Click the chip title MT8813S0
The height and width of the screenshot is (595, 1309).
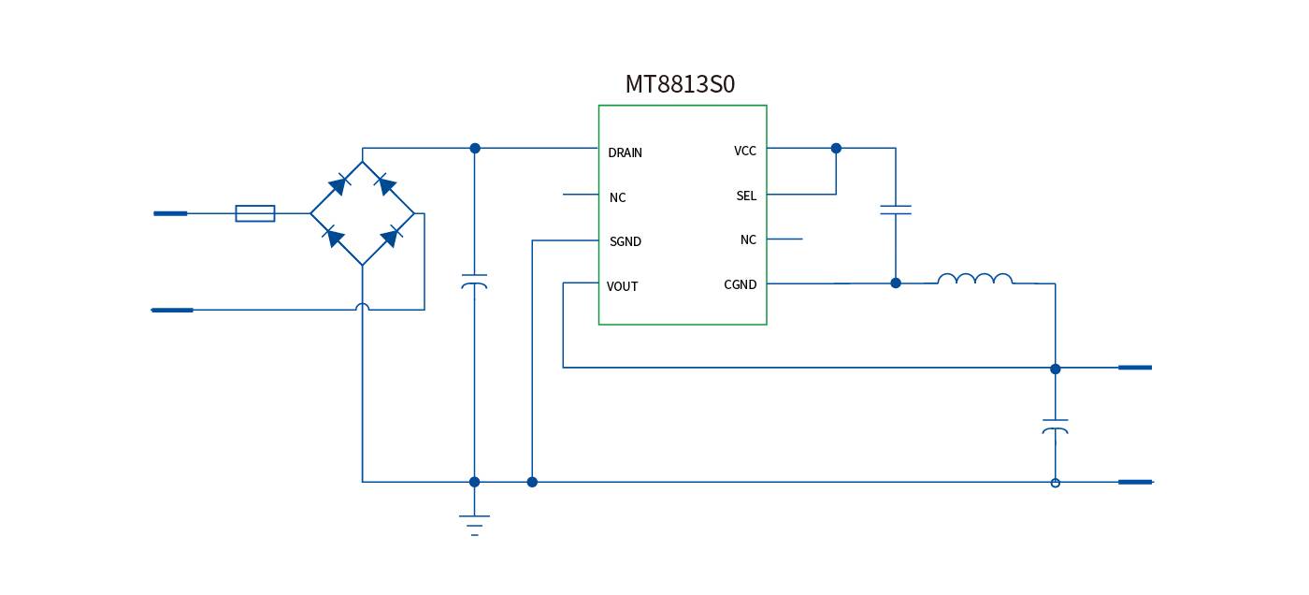tap(680, 84)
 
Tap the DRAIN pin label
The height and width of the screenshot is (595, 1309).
tap(625, 152)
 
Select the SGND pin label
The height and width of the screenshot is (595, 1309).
tap(626, 241)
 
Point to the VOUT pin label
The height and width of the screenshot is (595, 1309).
tap(622, 286)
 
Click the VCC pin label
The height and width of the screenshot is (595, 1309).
tap(745, 151)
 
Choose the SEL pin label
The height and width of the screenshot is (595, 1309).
tap(746, 196)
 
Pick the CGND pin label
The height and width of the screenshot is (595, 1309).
tap(741, 284)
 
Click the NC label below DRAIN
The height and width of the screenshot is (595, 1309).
tap(618, 197)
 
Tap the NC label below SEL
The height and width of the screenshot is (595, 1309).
tap(748, 239)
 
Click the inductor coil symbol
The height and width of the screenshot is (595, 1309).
tap(974, 279)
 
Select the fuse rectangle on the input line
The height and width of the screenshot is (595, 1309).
tap(255, 213)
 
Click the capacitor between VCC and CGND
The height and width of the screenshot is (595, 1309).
tap(896, 210)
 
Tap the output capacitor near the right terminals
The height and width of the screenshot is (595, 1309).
tap(1056, 427)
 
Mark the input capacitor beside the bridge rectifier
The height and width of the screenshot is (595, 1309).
tap(475, 282)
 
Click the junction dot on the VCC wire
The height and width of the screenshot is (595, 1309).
tap(836, 148)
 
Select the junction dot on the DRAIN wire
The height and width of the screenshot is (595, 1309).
tap(475, 148)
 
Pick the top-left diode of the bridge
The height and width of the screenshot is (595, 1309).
tap(338, 184)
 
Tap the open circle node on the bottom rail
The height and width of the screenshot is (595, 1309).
tap(1056, 483)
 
